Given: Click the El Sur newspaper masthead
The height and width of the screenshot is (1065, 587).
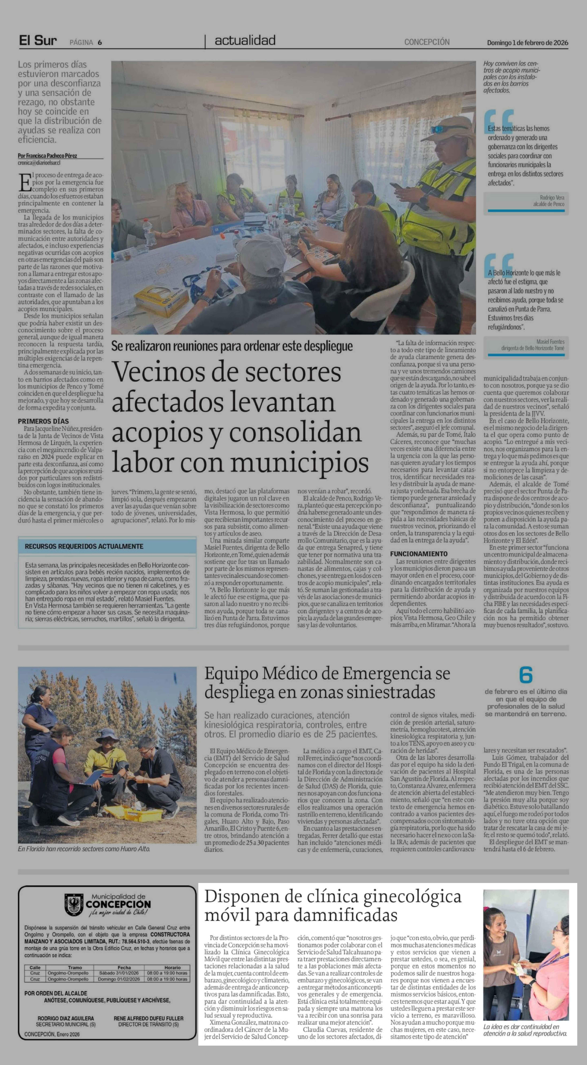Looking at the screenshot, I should click(38, 41).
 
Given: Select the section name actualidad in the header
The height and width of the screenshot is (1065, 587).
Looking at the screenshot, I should click(245, 41).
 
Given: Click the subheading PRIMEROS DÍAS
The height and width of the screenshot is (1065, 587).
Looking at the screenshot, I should click(43, 421).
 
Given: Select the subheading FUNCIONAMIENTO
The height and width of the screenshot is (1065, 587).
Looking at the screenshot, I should click(418, 554).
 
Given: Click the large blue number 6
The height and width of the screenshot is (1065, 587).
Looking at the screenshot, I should click(525, 675).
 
